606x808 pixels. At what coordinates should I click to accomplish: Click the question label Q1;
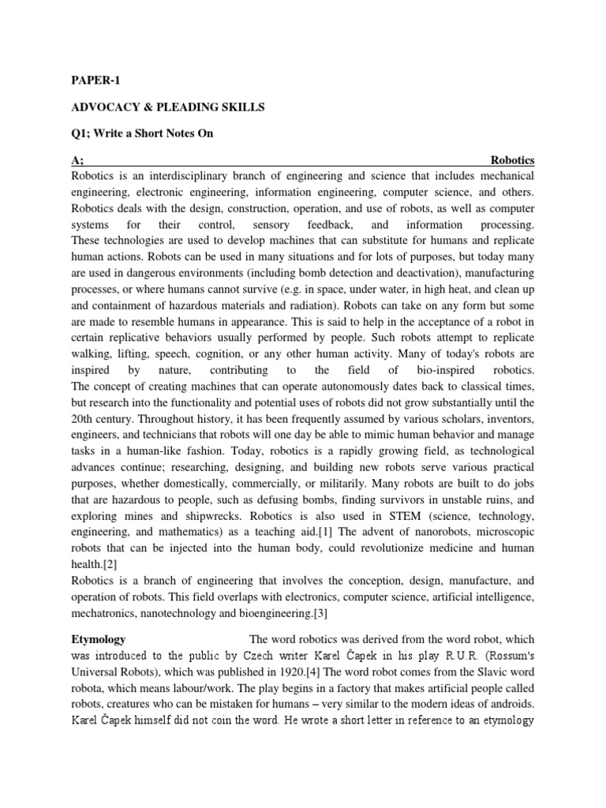coord(82,133)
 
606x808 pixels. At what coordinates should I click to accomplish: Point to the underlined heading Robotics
coord(512,160)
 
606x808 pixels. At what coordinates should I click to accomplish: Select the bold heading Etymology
coord(99,638)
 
